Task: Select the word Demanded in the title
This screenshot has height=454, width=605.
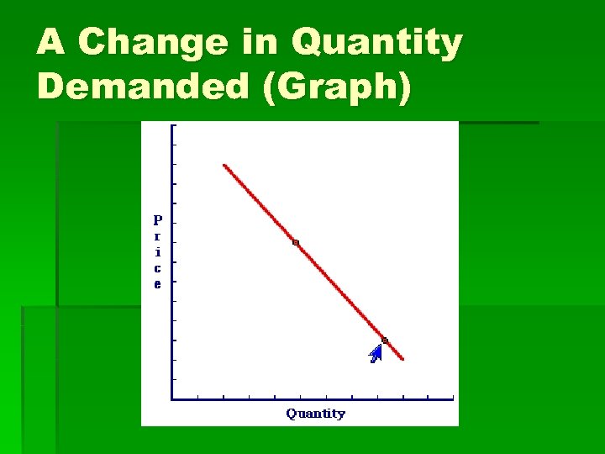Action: point(144,87)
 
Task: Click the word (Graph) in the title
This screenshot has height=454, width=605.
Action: point(336,87)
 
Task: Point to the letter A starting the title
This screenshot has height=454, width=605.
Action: point(50,43)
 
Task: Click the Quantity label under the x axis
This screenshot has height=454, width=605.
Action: point(315,413)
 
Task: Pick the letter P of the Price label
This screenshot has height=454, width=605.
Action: point(157,220)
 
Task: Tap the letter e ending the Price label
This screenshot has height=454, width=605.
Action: point(157,284)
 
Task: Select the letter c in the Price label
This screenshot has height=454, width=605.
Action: point(157,268)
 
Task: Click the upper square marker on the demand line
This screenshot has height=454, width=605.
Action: point(296,243)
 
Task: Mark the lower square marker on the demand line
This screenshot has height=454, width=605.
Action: point(385,340)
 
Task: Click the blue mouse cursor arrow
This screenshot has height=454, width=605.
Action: point(376,354)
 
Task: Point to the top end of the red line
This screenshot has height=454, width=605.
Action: point(224,165)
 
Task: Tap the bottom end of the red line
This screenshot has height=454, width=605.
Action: point(403,360)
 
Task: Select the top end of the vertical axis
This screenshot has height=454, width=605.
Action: point(172,126)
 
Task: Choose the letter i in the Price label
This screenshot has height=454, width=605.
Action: point(157,252)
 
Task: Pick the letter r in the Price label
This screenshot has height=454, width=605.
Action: point(157,236)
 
